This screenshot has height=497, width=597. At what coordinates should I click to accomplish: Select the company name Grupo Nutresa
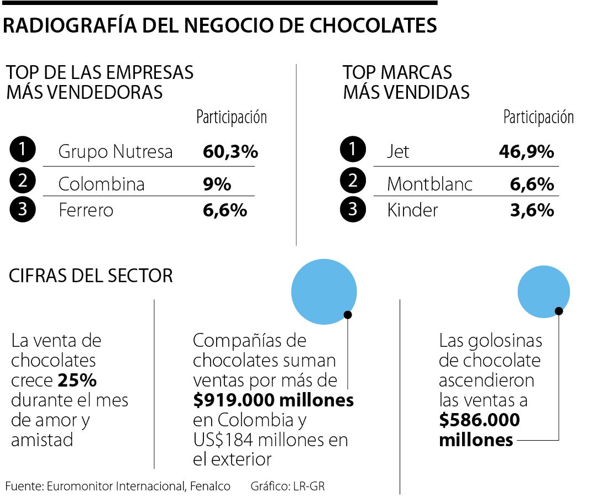(x=116, y=151)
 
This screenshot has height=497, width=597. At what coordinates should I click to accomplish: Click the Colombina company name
(x=102, y=184)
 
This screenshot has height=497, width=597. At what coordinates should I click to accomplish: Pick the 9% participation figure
(x=217, y=184)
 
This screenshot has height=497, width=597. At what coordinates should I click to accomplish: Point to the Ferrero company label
(x=86, y=210)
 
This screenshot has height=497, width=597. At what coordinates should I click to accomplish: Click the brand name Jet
(x=398, y=151)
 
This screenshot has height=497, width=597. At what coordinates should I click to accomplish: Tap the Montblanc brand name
(x=430, y=184)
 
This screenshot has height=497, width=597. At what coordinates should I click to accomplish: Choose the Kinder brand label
(x=412, y=210)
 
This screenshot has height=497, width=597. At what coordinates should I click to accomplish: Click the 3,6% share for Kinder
(x=532, y=210)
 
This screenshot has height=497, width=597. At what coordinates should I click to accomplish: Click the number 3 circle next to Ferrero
(x=23, y=209)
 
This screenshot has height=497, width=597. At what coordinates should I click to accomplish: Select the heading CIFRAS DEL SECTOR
(x=91, y=276)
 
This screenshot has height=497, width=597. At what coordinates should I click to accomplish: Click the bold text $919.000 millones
(x=273, y=400)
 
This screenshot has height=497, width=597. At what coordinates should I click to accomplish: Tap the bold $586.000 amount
(x=479, y=420)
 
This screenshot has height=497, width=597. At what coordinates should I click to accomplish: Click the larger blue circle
(x=323, y=292)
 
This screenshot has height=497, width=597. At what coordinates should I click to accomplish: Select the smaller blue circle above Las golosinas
(x=543, y=292)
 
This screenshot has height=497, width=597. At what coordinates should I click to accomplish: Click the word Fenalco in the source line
(x=211, y=486)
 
